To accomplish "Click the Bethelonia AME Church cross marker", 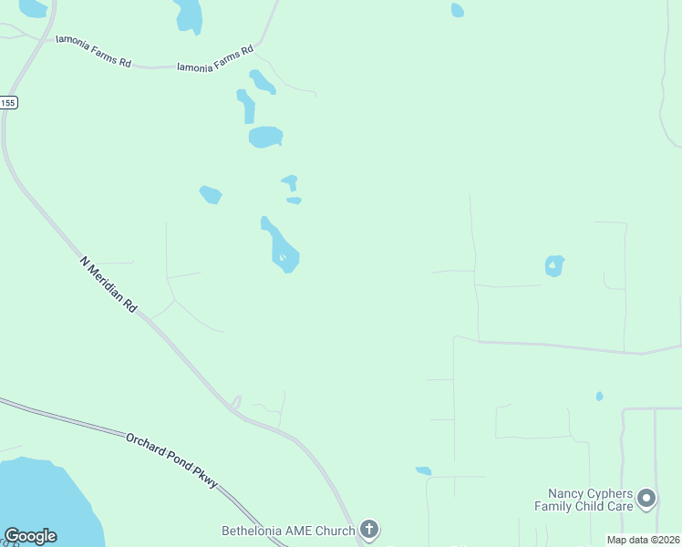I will click(368, 529).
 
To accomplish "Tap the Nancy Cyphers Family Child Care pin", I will click(646, 498).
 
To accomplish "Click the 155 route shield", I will click(8, 103).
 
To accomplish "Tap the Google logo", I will click(30, 536).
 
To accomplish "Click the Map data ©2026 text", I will click(643, 540).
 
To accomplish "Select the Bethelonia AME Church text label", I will click(288, 530).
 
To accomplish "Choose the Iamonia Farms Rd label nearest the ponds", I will click(214, 58).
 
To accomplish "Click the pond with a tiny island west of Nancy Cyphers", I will click(554, 265).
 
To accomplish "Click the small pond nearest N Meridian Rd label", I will click(211, 194).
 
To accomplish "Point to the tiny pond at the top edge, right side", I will click(457, 10).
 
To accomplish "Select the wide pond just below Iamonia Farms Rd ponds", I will click(265, 137).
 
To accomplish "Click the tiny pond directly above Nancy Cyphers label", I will click(599, 397).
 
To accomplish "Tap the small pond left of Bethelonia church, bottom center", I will click(423, 470).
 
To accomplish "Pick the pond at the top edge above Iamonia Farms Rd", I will click(189, 14).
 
